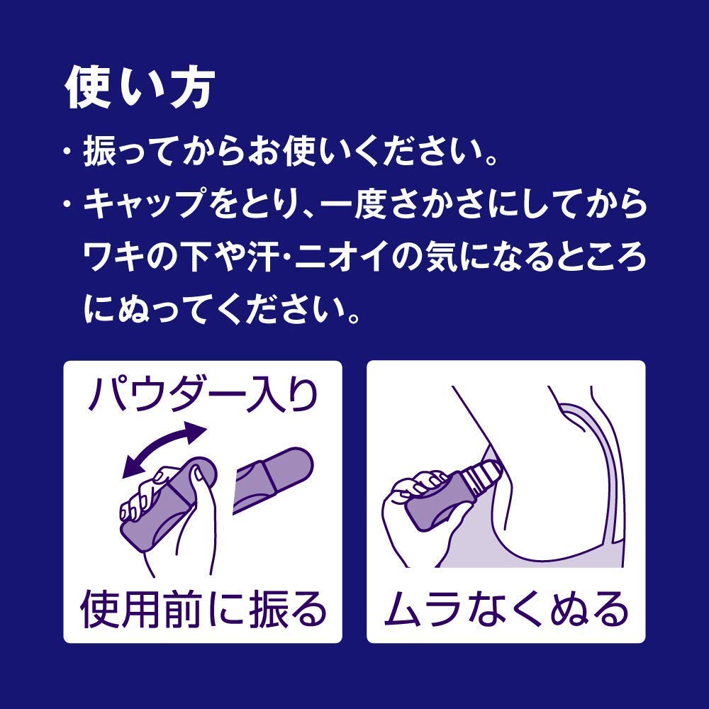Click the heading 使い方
click(140, 88)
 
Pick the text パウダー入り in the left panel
click(203, 395)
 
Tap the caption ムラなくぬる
click(506, 609)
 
